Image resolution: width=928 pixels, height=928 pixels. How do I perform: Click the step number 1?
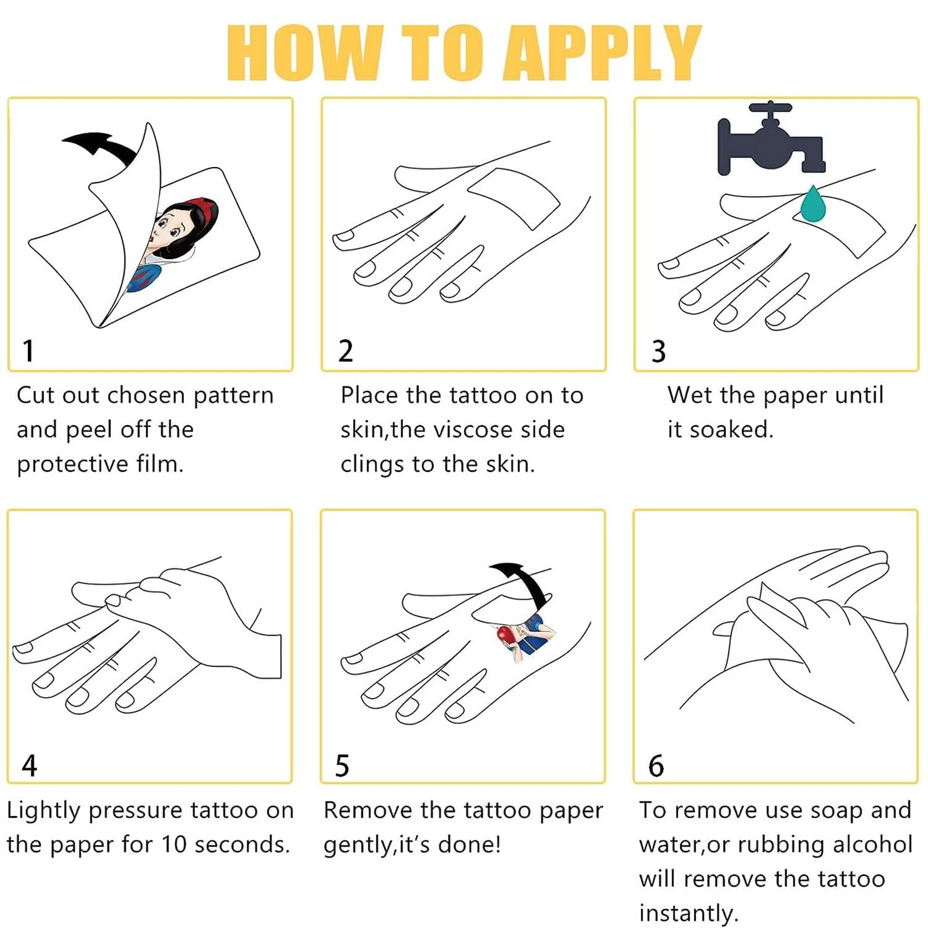28,351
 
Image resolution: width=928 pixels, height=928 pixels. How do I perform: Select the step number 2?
346,351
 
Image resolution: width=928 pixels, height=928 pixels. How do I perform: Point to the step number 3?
658,351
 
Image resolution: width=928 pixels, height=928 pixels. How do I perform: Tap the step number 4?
29,765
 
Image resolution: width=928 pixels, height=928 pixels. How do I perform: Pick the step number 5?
342,765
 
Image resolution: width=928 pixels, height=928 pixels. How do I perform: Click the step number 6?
656,765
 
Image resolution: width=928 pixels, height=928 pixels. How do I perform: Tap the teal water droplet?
813,204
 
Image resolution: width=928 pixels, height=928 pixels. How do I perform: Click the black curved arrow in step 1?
99,145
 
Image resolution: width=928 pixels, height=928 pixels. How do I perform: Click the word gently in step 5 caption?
358,846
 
